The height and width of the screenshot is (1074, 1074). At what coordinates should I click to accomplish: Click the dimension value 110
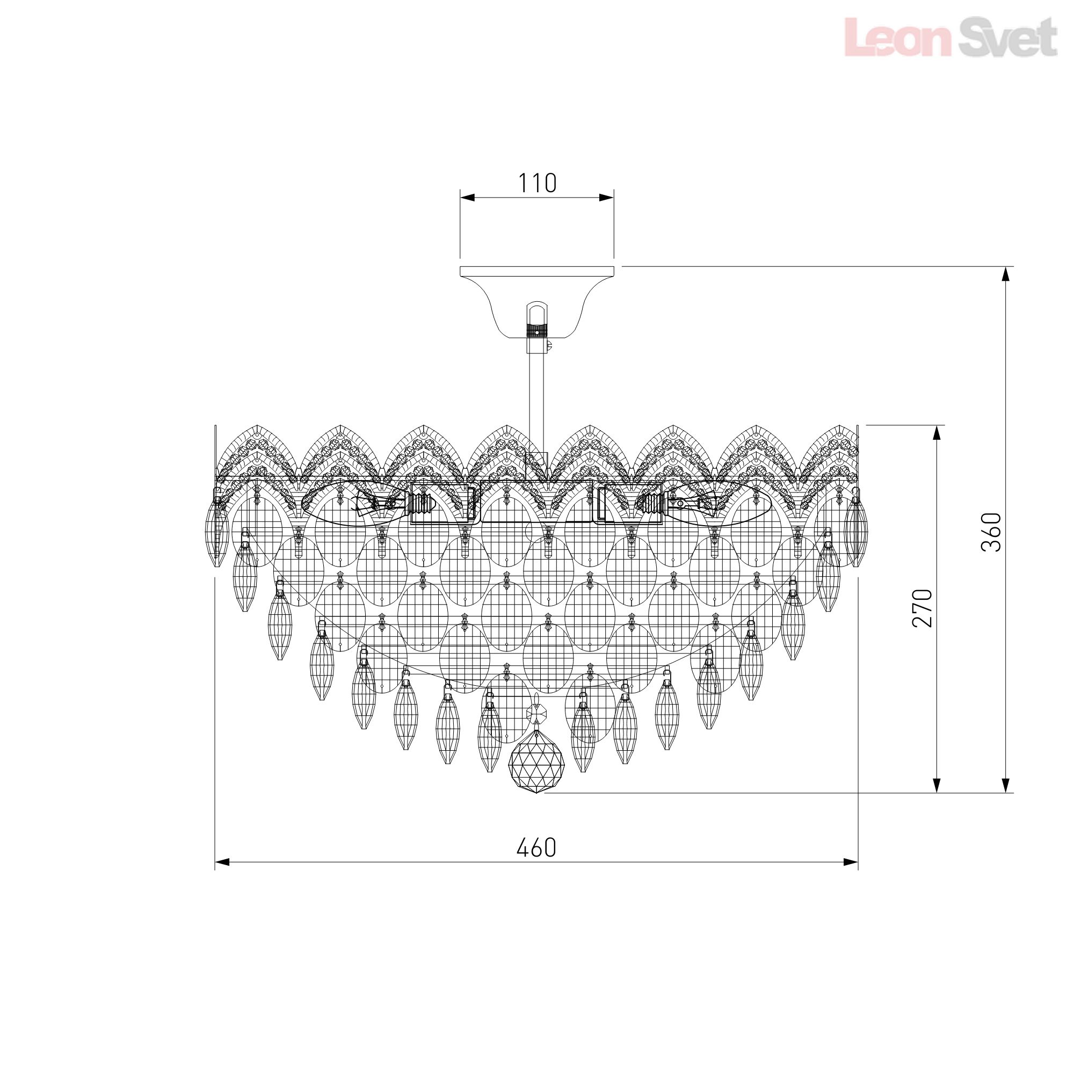[x=537, y=183]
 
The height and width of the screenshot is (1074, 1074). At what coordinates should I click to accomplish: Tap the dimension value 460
[x=536, y=848]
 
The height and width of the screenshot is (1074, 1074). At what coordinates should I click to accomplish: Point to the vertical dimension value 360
[x=991, y=532]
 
